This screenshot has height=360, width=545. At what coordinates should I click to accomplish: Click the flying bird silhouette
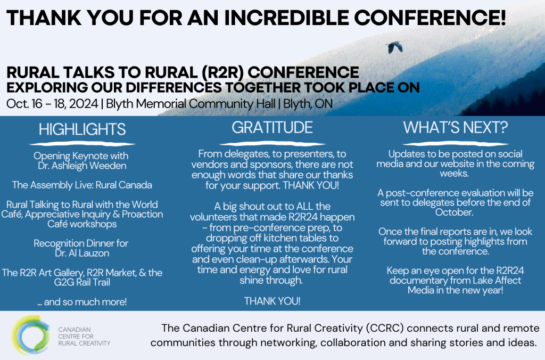point(394,47)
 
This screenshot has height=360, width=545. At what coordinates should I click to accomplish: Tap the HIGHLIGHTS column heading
point(82,129)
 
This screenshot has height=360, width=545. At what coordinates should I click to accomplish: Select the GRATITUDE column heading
point(272,128)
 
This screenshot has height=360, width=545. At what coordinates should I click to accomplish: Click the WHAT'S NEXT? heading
point(456,128)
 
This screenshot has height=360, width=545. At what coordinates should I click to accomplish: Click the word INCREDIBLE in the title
point(286,18)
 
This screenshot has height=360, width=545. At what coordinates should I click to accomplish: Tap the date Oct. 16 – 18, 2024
point(52,104)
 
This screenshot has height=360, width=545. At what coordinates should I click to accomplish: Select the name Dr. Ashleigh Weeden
point(82,166)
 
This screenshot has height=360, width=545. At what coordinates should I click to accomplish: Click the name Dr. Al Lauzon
point(82,253)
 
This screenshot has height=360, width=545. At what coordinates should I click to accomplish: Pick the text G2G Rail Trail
point(82,282)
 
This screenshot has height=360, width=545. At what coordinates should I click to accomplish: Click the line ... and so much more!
point(82,301)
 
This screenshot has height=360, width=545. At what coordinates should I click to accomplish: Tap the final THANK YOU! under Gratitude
point(272,301)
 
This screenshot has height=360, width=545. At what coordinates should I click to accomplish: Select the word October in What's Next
point(455,212)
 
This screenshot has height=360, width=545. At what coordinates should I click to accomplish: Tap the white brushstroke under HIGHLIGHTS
point(82,144)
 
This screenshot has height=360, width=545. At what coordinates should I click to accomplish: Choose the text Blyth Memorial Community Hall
point(191,104)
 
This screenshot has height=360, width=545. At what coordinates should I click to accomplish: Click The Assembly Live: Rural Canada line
point(82,185)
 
